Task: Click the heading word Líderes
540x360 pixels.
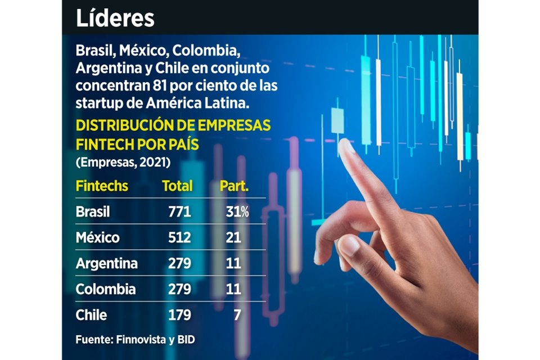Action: click(115, 18)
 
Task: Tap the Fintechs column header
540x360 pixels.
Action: click(102, 186)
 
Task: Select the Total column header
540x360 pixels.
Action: click(177, 186)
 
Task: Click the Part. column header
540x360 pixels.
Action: click(234, 186)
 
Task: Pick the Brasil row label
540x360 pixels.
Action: click(93, 212)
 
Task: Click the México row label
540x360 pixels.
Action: click(97, 237)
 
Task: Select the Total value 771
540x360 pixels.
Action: click(179, 212)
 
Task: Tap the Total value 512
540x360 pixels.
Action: click(179, 237)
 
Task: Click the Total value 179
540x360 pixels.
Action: click(179, 315)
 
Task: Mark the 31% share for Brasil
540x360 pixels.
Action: click(236, 212)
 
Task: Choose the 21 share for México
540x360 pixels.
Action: click(234, 237)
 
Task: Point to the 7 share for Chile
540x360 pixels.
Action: click(237, 315)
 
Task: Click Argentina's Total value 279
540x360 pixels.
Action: click(179, 263)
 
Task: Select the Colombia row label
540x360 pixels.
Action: click(105, 289)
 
